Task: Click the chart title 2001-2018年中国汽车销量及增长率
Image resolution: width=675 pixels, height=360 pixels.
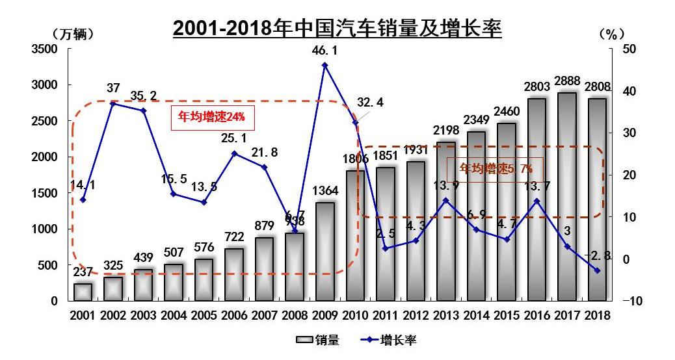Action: tap(337, 28)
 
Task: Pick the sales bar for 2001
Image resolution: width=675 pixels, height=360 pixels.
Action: tap(83, 292)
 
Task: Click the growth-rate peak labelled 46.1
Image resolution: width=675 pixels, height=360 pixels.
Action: tap(324, 65)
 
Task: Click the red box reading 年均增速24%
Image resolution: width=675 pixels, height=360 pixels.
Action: tap(211, 118)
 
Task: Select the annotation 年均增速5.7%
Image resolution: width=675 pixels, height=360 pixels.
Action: tap(497, 169)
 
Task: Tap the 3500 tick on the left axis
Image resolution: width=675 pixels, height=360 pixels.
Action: tap(46, 49)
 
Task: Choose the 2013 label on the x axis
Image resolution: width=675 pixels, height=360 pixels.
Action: tap(445, 316)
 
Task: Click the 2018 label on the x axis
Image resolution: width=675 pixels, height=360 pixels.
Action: tap(596, 316)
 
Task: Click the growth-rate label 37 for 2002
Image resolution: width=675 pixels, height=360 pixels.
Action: tap(113, 88)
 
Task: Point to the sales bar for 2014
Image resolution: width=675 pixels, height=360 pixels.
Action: tap(476, 216)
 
